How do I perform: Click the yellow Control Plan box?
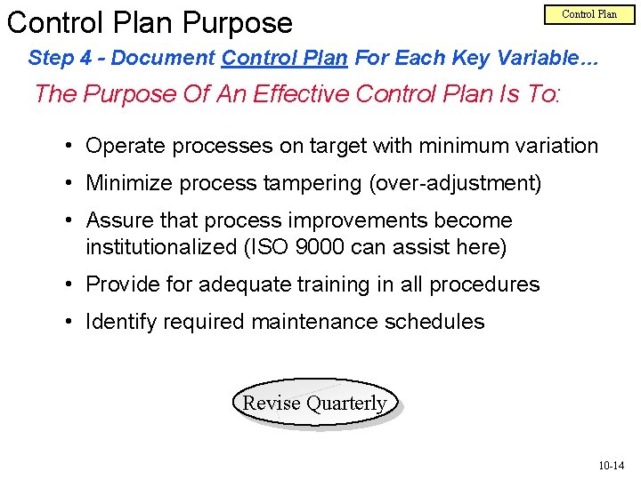tap(588, 14)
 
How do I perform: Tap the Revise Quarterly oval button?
tap(314, 404)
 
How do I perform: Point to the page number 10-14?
tap(611, 465)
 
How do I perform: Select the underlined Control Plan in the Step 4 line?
tap(284, 59)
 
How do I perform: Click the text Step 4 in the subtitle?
tap(61, 59)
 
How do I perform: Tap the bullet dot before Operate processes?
tap(69, 147)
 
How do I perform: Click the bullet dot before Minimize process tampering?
tap(69, 184)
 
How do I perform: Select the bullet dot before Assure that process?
tap(69, 221)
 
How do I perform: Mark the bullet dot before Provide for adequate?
tap(69, 285)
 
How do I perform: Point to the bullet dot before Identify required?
tap(69, 323)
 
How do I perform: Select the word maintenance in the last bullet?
tap(314, 322)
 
